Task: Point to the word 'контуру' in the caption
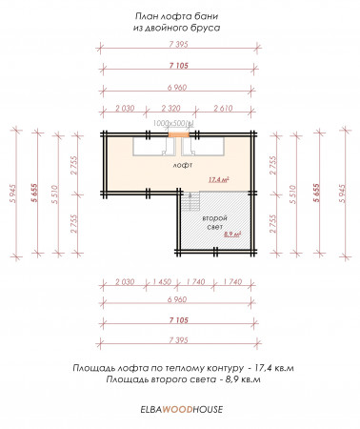click(223, 366)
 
